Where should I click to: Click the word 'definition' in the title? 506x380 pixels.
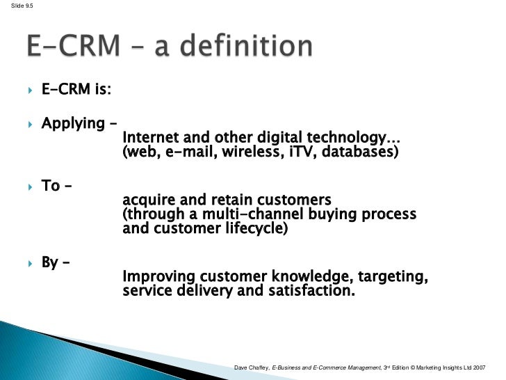[x=244, y=47]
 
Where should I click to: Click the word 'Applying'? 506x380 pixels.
[x=72, y=124]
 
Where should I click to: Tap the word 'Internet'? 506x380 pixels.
[x=149, y=137]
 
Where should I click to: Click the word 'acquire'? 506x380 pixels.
[x=147, y=200]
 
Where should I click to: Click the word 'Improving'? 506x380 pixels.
[x=156, y=277]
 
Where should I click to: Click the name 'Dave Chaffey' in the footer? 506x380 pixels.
[x=252, y=367]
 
